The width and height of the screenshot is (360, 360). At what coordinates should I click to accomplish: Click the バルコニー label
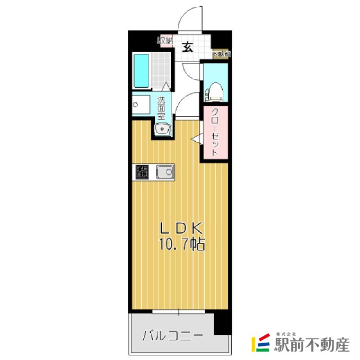pyautogui.click(x=172, y=336)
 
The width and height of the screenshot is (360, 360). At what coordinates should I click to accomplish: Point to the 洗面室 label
pyautogui.click(x=162, y=106)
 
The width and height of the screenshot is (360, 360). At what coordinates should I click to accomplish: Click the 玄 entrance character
pyautogui.click(x=187, y=47)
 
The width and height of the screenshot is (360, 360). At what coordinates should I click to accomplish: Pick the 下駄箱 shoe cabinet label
pyautogui.click(x=221, y=54)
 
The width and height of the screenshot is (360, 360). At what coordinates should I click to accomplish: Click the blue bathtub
pyautogui.click(x=141, y=71)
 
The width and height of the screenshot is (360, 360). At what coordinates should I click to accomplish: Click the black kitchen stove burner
pyautogui.click(x=142, y=172)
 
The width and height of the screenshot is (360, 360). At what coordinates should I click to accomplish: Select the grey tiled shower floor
pyautogui.click(x=161, y=70)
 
